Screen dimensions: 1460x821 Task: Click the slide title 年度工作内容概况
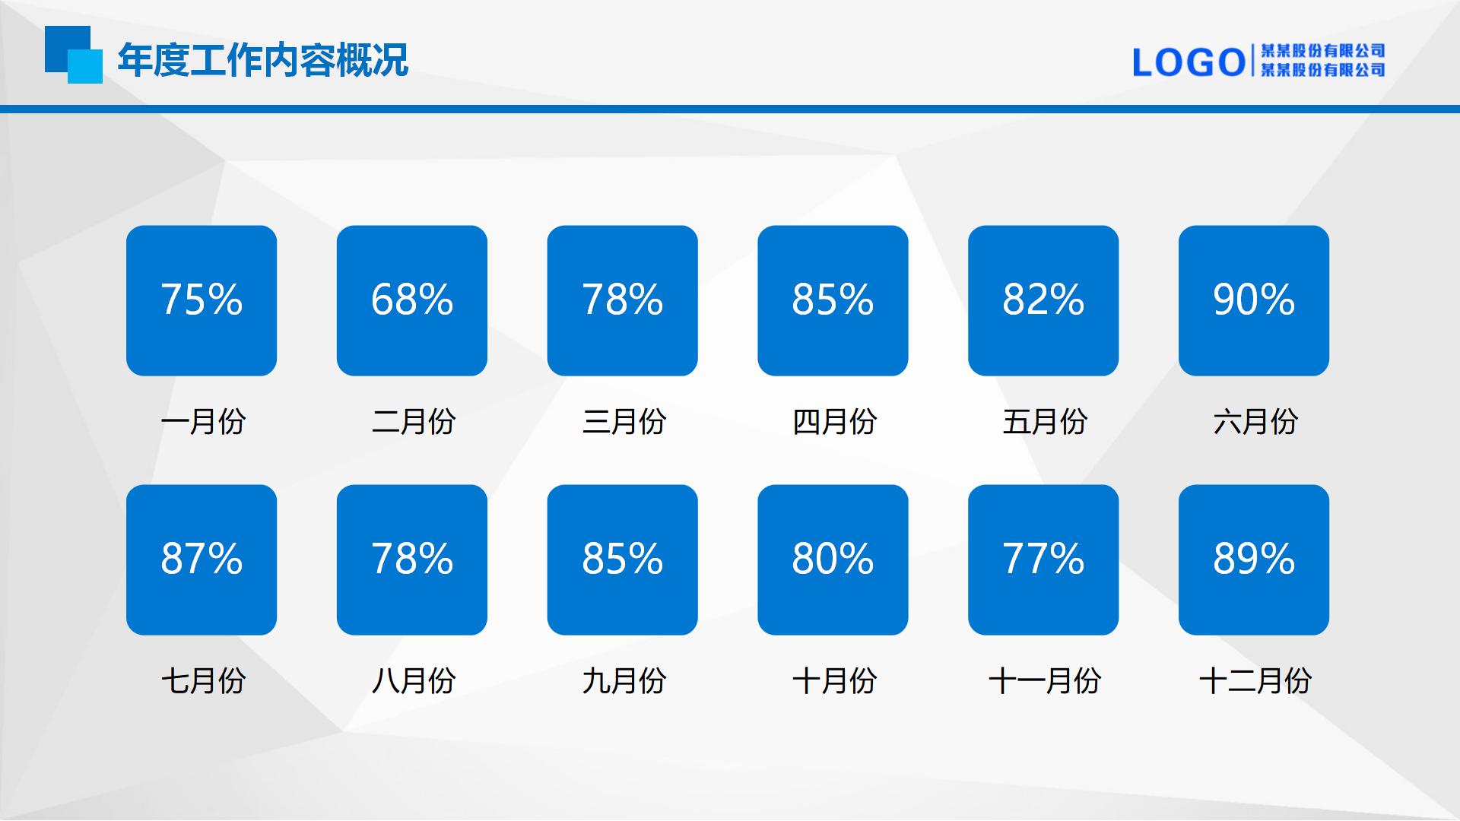pos(263,60)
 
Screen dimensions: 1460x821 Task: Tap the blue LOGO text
pos(1189,62)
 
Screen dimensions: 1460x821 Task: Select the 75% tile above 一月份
pos(202,300)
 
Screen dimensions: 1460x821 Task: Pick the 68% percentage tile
pos(412,300)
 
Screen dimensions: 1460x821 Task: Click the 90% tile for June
pos(1254,300)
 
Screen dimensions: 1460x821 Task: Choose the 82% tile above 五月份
pos(1043,300)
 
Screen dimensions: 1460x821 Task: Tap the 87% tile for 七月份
pos(202,559)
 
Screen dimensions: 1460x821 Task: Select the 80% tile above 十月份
pos(833,559)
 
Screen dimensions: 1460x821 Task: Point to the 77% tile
pos(1043,559)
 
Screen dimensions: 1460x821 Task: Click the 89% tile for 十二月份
pos(1254,559)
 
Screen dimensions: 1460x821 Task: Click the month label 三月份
pos(624,421)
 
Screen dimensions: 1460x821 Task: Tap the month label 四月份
pos(835,421)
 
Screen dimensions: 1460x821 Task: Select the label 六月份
pos(1255,421)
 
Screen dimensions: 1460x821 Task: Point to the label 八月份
pos(414,680)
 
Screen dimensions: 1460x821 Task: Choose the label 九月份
pos(624,680)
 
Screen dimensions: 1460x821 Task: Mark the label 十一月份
pos(1045,680)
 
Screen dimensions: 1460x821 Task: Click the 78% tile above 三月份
pos(623,300)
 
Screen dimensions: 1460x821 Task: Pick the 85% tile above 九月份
pos(623,559)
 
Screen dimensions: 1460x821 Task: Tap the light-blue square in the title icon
pos(85,67)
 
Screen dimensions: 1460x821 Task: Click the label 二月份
pos(414,421)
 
